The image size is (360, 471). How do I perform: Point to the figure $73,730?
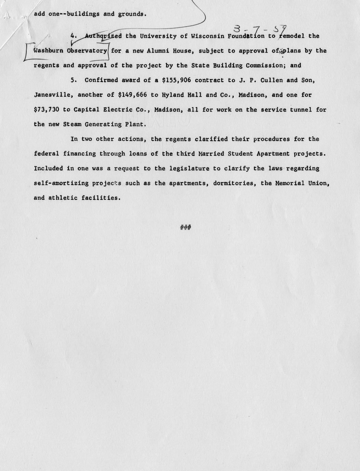[47, 110]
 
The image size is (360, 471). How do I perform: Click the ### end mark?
[185, 227]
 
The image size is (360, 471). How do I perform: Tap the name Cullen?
[273, 80]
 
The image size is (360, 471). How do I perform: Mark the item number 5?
[72, 80]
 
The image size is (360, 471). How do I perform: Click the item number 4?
[72, 36]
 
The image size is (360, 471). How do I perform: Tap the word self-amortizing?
[61, 183]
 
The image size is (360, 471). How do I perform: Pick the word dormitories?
[234, 183]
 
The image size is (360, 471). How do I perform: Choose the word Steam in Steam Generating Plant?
[72, 124]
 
